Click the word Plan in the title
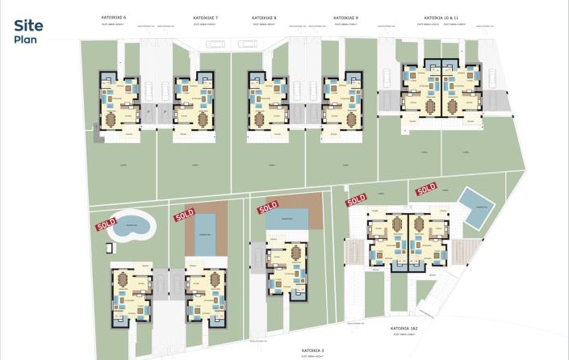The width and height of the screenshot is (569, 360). pos(23,38)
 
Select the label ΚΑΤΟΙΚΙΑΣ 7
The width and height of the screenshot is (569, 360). pos(206,17)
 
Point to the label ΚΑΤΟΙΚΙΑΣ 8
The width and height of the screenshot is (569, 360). pos(264,17)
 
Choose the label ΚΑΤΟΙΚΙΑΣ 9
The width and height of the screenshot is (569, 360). pos(345,17)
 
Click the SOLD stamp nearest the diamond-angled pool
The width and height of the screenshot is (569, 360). pos(426,190)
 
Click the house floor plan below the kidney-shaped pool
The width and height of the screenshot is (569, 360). pos(132,292)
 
